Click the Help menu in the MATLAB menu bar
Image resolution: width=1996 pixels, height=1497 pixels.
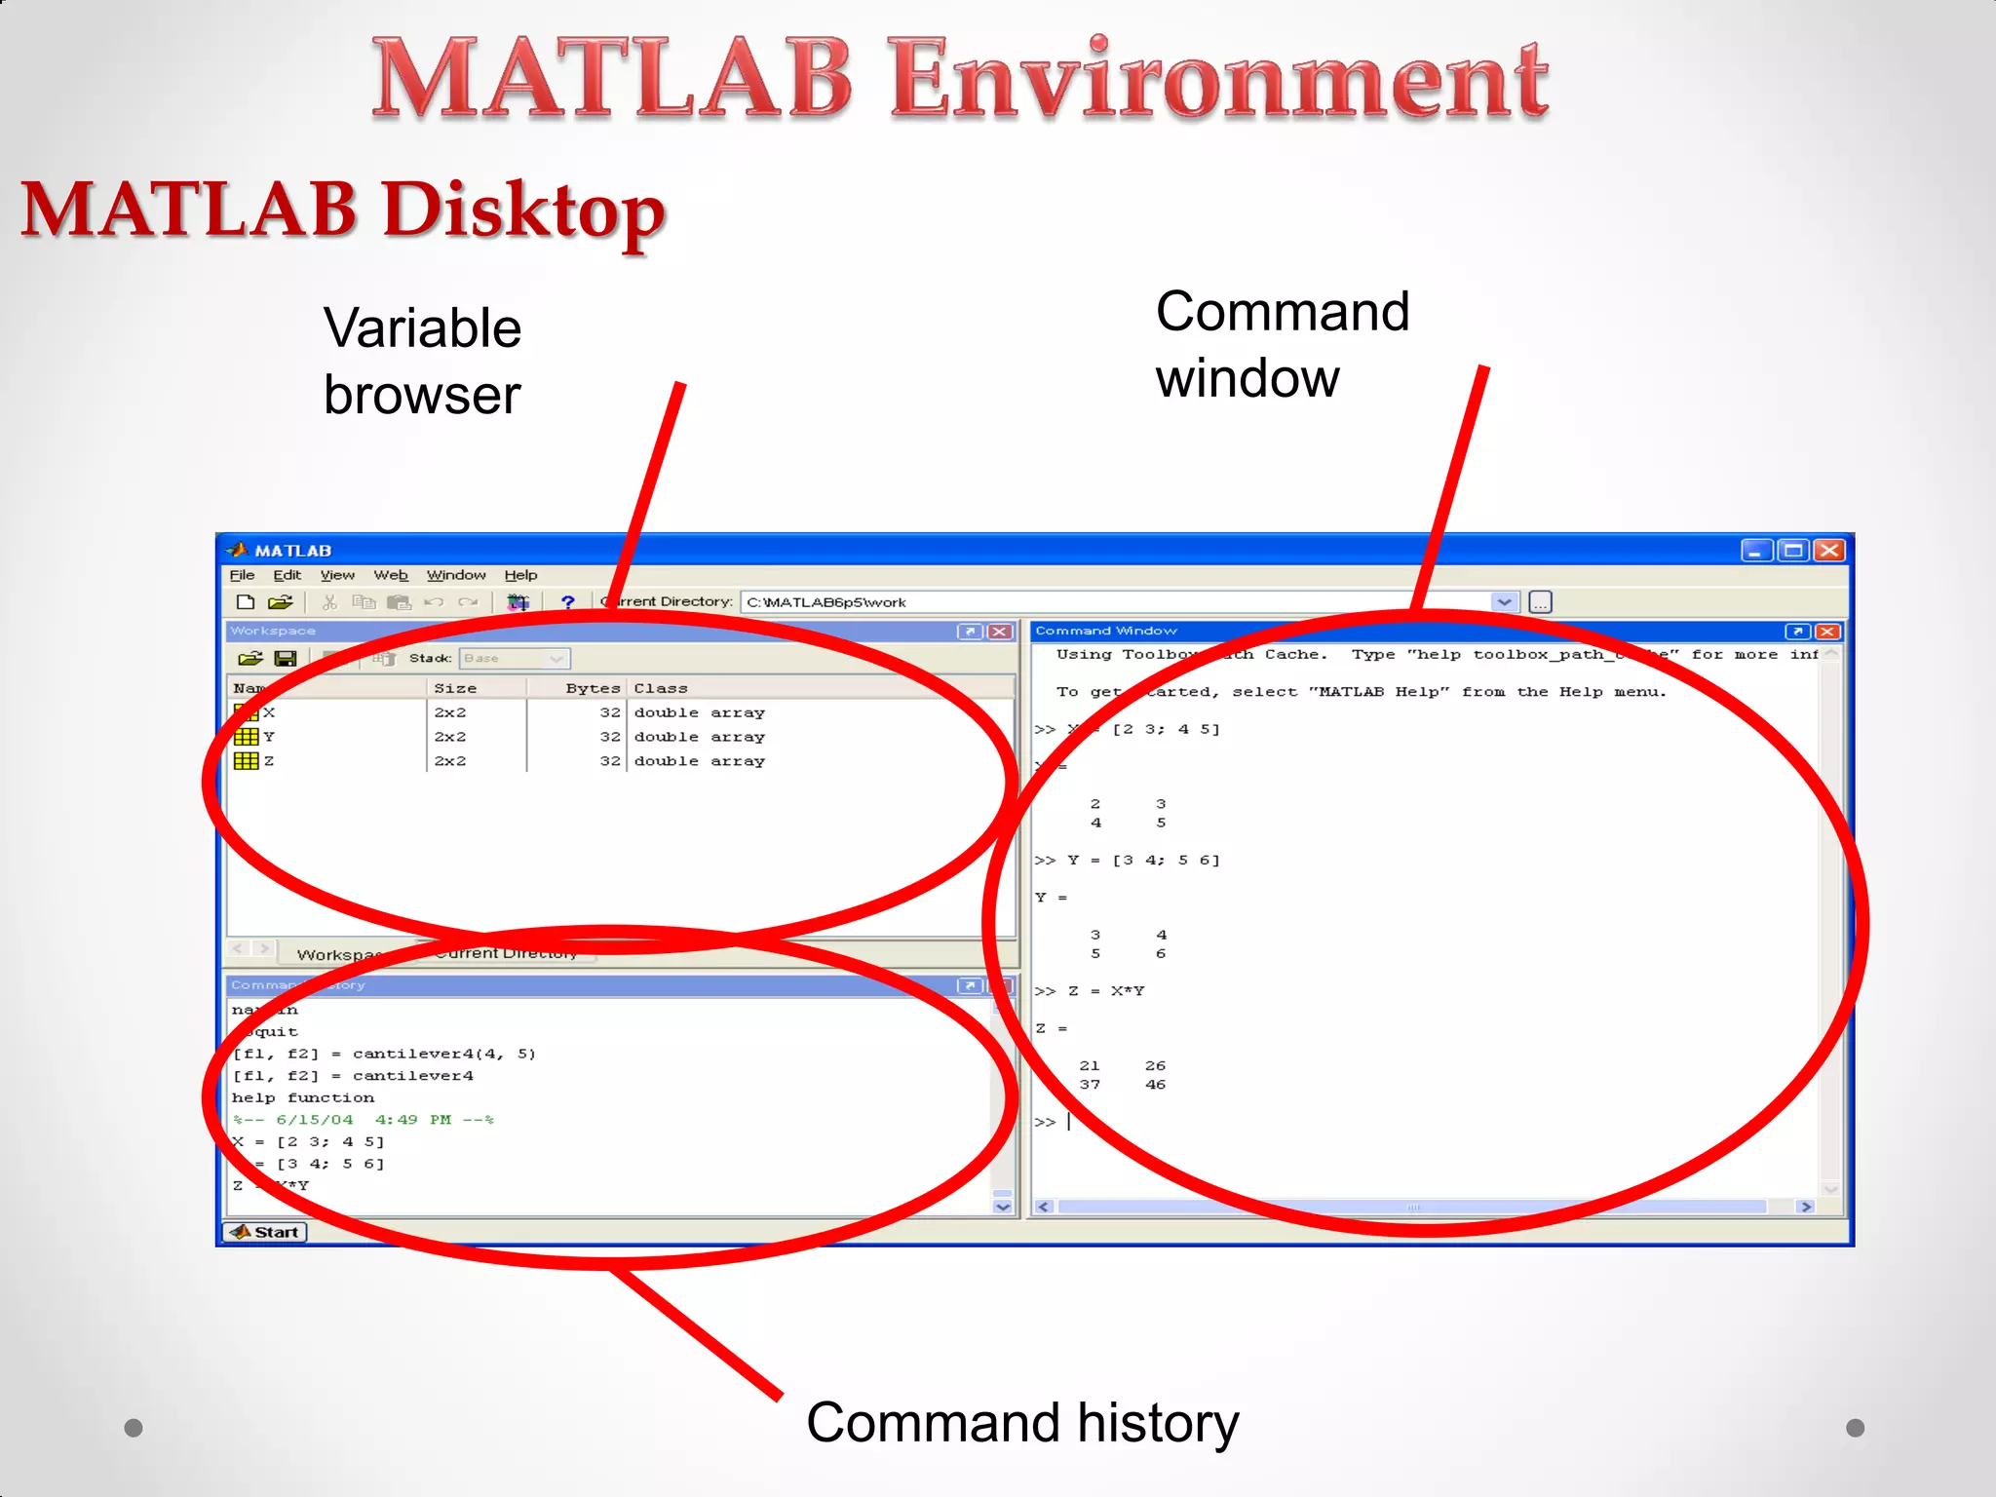coord(520,575)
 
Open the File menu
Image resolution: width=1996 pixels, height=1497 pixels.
coord(242,575)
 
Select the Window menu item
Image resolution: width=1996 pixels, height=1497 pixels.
coord(456,575)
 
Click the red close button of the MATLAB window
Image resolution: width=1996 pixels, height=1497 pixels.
coord(1829,551)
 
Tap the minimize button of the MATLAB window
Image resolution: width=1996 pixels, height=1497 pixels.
coord(1756,551)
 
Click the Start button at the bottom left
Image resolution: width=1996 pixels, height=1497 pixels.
coord(265,1232)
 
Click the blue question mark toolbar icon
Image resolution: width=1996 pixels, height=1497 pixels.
coord(567,602)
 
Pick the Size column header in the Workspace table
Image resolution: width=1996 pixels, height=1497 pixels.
coord(455,688)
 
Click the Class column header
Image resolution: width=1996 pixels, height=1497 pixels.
coord(661,688)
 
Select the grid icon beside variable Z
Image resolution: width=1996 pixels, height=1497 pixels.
coord(247,761)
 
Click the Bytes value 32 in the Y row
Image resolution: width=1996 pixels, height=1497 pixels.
coord(610,737)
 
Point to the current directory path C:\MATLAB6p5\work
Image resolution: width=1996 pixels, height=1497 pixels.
coord(826,602)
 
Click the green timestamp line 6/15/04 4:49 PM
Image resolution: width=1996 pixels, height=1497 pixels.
coord(364,1120)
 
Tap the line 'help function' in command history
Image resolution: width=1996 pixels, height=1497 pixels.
coord(303,1097)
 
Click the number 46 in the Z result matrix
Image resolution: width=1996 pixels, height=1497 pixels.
coord(1155,1085)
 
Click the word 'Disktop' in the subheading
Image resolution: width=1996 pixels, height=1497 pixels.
coord(523,211)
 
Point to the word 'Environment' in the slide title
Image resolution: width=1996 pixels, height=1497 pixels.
coord(1218,80)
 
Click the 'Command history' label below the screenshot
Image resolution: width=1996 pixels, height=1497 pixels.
coord(1022,1423)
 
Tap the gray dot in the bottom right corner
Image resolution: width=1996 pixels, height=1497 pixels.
coord(1856,1428)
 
